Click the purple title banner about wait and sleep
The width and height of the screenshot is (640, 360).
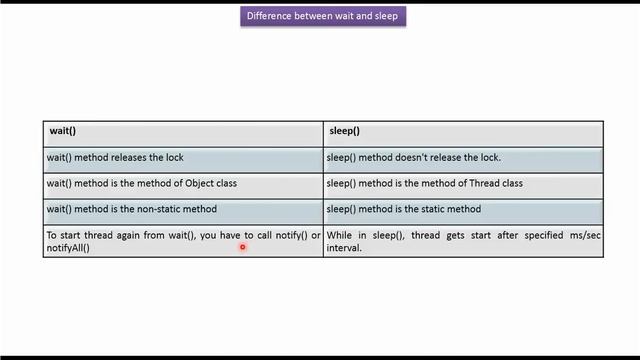tap(322, 16)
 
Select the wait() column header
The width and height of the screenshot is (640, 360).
tap(63, 131)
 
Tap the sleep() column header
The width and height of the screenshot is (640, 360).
tap(344, 131)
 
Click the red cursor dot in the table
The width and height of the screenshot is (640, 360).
tap(242, 246)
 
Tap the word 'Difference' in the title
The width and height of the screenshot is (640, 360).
tap(268, 16)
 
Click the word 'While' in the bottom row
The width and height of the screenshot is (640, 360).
tap(339, 236)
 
